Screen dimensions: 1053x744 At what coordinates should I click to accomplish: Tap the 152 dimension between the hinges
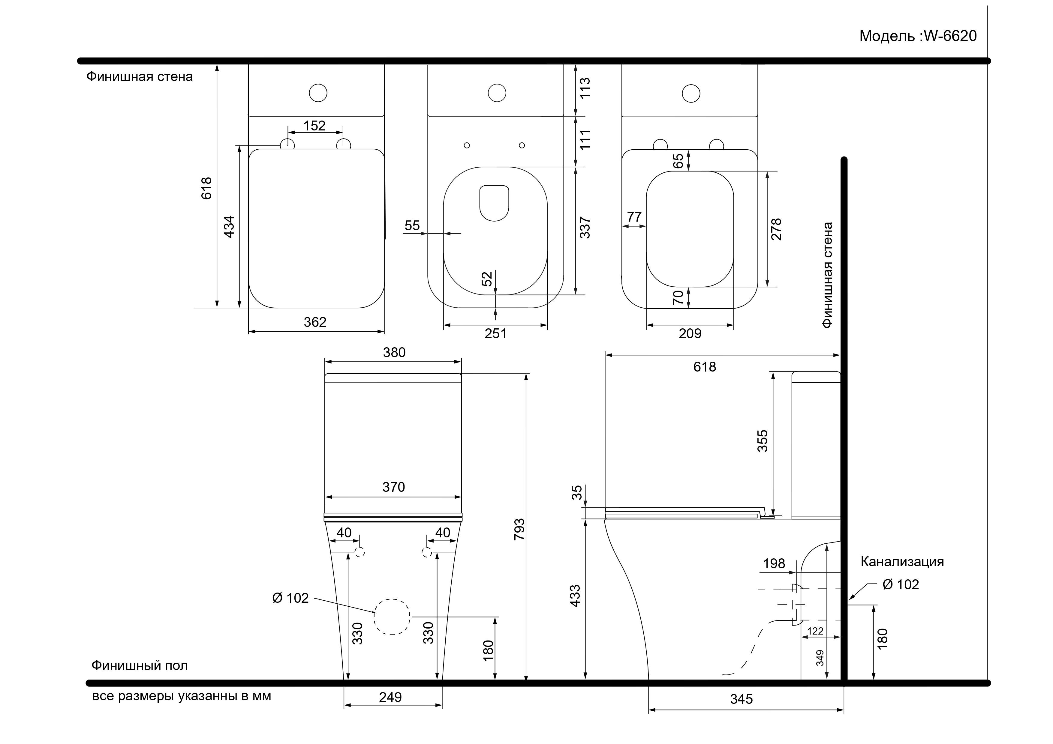[x=314, y=126]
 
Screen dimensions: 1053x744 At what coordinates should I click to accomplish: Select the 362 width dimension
[x=315, y=322]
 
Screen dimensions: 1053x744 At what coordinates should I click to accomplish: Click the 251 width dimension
[x=496, y=333]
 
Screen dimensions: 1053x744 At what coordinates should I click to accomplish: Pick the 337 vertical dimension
[x=585, y=227]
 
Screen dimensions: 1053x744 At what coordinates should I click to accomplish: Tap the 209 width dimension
[x=690, y=333]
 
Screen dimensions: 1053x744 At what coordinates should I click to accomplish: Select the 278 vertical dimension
[x=776, y=229]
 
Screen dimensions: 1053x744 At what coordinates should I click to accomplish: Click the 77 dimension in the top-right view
[x=634, y=217]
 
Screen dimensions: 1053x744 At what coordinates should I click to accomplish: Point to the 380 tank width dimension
[x=394, y=353]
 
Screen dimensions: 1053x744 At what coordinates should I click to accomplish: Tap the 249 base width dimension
[x=390, y=697]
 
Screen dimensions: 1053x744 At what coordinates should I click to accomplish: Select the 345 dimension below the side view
[x=742, y=699]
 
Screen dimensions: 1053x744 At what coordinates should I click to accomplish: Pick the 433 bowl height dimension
[x=575, y=596]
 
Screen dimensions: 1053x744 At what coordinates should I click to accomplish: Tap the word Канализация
[x=902, y=562]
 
